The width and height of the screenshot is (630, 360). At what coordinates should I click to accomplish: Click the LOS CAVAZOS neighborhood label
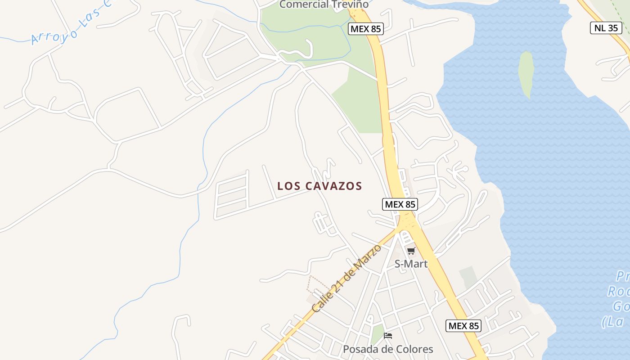pos(319,186)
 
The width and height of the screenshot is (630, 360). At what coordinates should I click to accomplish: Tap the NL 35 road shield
pos(606,28)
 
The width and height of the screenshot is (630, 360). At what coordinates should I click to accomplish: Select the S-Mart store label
pos(411,264)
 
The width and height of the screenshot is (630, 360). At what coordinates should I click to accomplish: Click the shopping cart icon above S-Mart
pos(411,251)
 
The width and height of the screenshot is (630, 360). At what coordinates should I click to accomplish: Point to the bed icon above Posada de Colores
pos(388,336)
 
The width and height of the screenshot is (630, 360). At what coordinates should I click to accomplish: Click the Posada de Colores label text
pos(388,349)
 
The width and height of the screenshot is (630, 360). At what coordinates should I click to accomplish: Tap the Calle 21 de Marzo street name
pos(346,279)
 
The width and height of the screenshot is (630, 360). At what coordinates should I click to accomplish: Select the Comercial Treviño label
pos(324,4)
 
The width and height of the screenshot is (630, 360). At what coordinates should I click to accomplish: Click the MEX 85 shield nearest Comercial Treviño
pos(365,29)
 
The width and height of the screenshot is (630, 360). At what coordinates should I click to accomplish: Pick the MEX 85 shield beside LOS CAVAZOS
pos(400,204)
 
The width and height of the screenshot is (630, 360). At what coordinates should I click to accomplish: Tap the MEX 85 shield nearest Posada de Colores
pos(463,326)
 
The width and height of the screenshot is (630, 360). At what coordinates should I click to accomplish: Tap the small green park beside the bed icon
pos(377,334)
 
